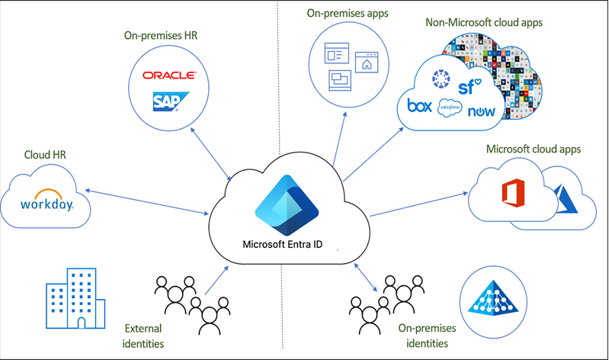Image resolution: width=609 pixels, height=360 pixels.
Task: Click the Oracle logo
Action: pos(169,76)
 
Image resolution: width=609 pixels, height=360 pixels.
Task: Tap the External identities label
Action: pos(143,336)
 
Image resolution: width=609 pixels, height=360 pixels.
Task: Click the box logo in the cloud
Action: pos(420,106)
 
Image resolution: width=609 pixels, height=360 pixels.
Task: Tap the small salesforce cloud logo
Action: pos(450,109)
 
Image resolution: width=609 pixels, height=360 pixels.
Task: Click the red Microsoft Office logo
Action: pos(510,194)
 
